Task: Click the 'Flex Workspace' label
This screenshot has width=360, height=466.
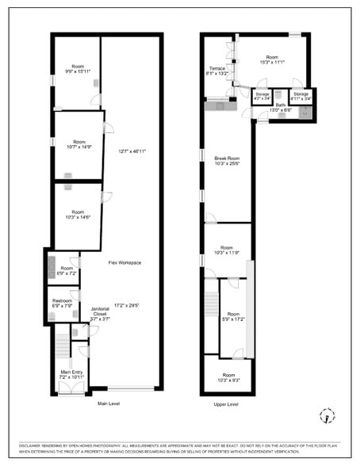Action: (124, 262)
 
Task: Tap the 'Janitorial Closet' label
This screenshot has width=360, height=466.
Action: (100, 311)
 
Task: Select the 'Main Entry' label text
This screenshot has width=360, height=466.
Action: (71, 372)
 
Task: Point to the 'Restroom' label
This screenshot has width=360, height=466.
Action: (63, 300)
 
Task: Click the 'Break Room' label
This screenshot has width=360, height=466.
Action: (227, 159)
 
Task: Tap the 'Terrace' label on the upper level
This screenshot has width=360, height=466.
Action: (217, 68)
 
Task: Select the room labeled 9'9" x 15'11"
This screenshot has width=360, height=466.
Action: (77, 68)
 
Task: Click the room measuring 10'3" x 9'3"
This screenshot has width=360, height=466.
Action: (228, 377)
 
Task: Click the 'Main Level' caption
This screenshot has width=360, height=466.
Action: (108, 404)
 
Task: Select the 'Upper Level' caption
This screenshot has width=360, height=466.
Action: (227, 404)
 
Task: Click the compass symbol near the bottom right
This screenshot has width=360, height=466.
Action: (326, 415)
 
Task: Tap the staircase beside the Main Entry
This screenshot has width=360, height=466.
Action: (62, 346)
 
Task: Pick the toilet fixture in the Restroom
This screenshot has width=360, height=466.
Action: (52, 315)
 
